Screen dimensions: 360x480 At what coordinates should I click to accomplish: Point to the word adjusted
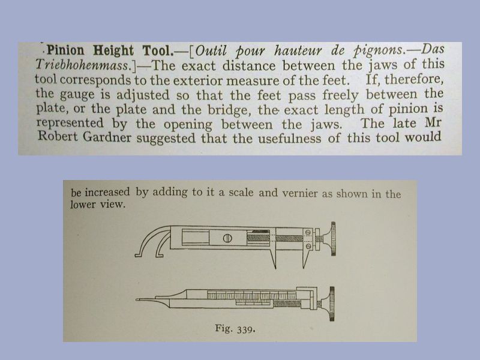coord(151,94)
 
